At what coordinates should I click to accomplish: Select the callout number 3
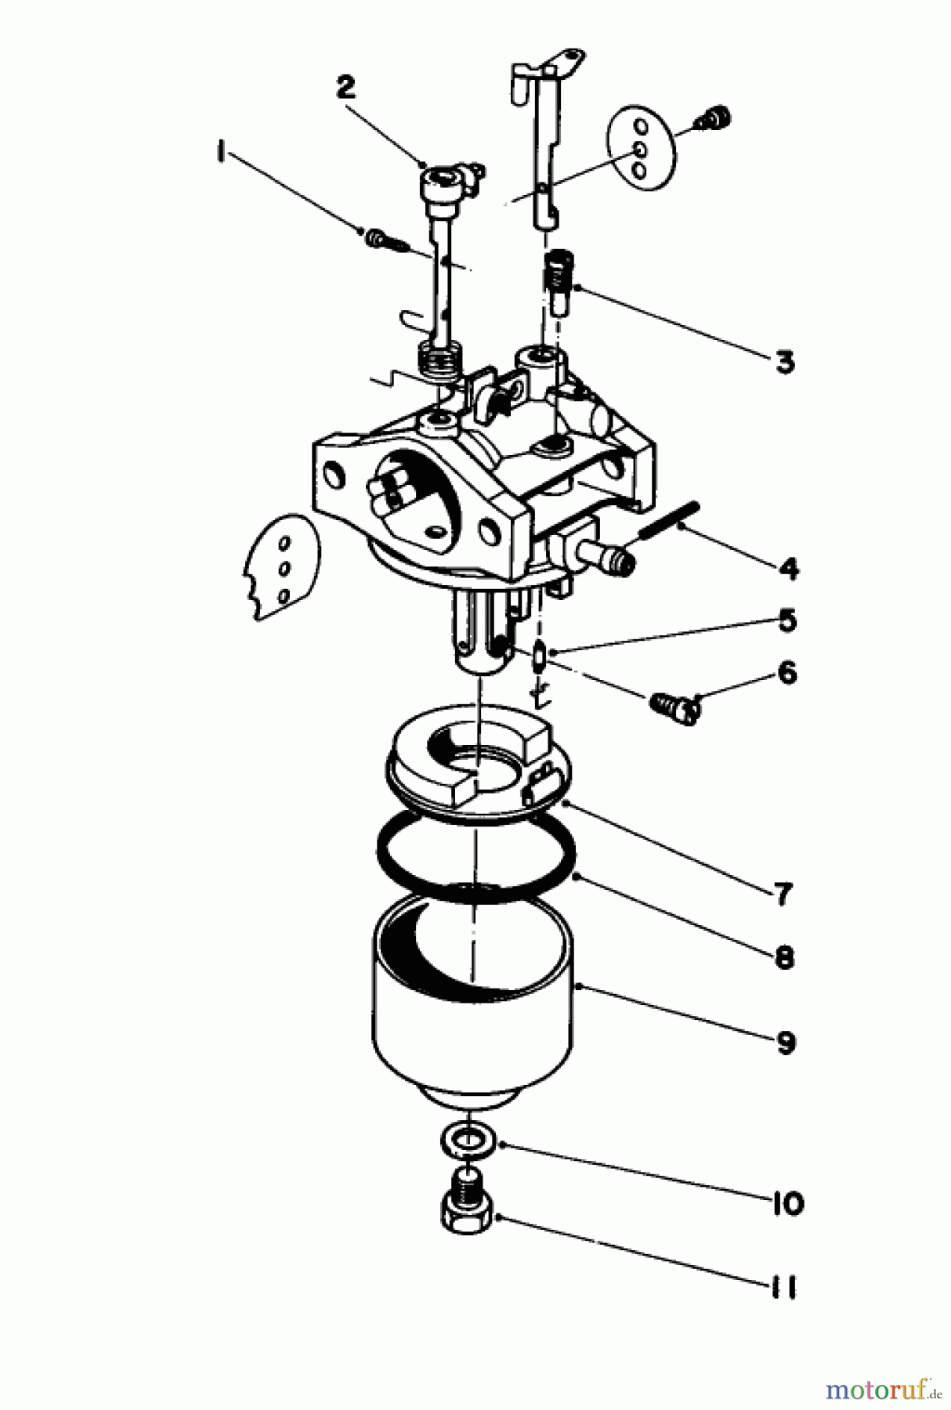783,362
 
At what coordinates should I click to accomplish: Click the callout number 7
783,893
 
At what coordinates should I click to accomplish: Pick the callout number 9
786,1043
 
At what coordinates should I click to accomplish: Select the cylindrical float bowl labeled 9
472,1010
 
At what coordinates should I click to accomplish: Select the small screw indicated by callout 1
385,238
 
